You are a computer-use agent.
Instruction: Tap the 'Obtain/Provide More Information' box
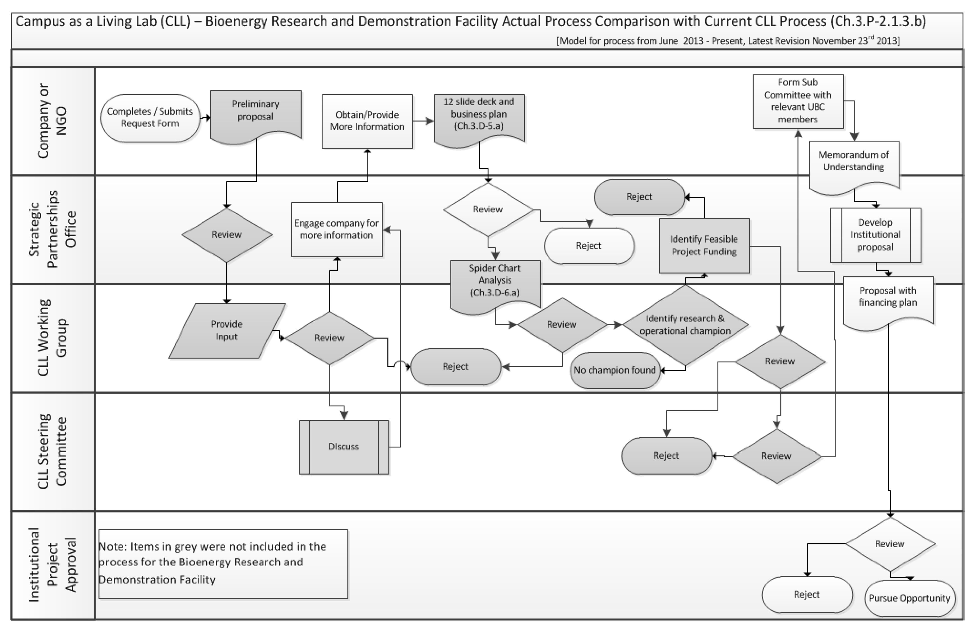[x=367, y=121]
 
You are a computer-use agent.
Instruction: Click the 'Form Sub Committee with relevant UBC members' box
[x=798, y=101]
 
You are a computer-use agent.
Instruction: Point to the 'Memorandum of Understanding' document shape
[x=854, y=164]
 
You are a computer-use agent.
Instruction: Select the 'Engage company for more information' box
[x=337, y=229]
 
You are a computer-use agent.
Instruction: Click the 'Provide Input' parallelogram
[x=227, y=331]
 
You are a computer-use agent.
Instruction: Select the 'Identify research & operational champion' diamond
[x=685, y=325]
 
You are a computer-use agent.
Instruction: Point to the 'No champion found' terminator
[x=615, y=370]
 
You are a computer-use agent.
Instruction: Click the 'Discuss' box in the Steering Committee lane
[x=344, y=446]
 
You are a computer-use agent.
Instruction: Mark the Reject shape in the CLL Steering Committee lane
[x=666, y=456]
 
